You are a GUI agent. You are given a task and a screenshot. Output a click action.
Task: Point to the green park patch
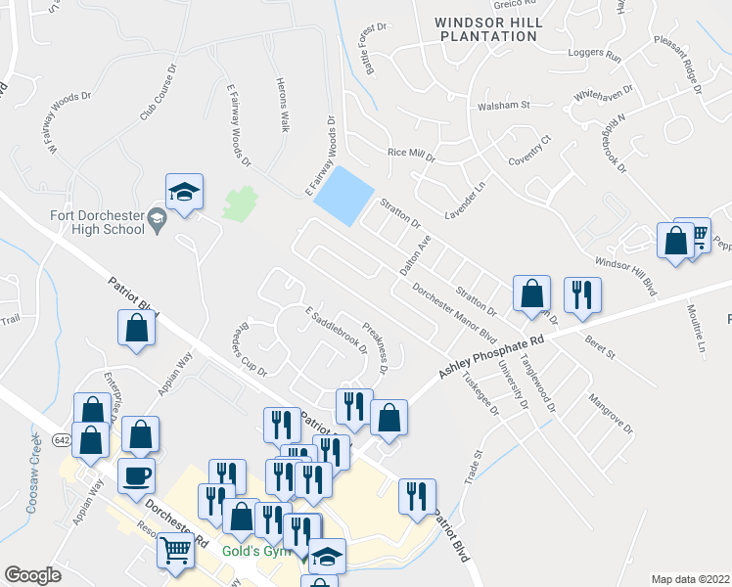click(x=239, y=203)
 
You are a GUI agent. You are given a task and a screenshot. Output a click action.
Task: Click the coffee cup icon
click(x=136, y=475)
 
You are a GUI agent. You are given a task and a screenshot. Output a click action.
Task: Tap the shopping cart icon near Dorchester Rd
click(x=175, y=551)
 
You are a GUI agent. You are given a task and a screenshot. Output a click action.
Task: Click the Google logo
click(x=32, y=575)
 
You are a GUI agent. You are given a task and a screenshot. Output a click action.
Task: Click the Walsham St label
click(x=503, y=105)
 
